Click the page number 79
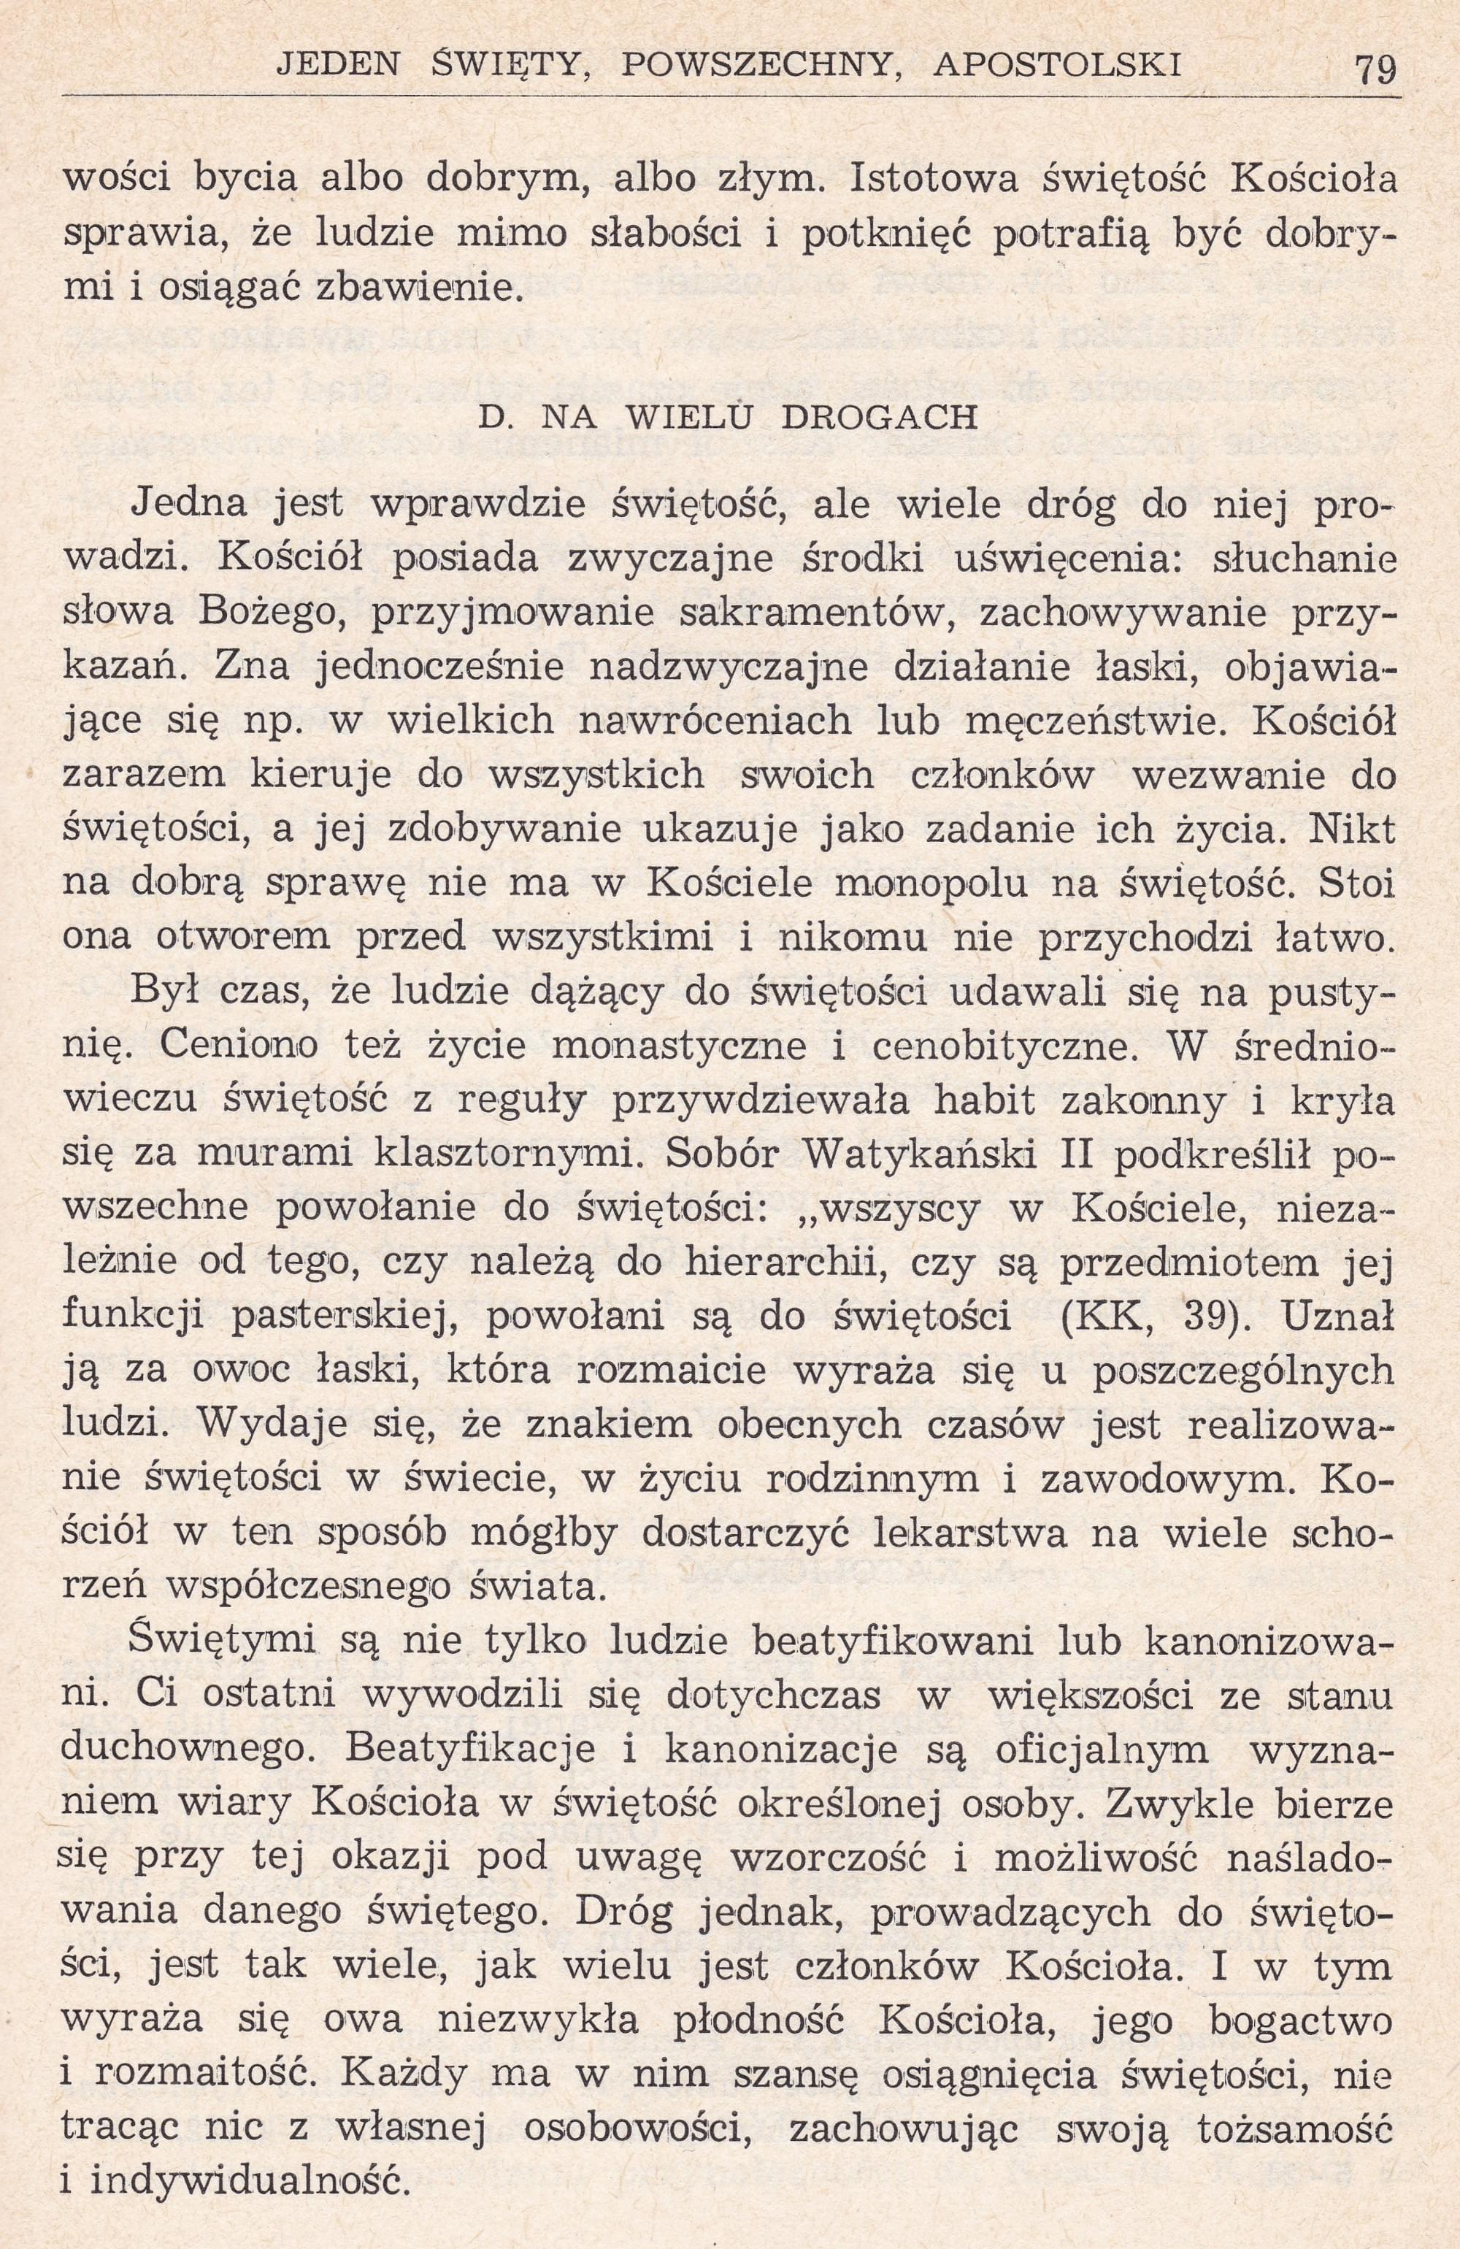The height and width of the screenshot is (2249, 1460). point(1375,68)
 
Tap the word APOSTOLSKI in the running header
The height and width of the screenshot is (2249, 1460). point(1058,64)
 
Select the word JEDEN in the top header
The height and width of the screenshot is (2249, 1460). point(337,64)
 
